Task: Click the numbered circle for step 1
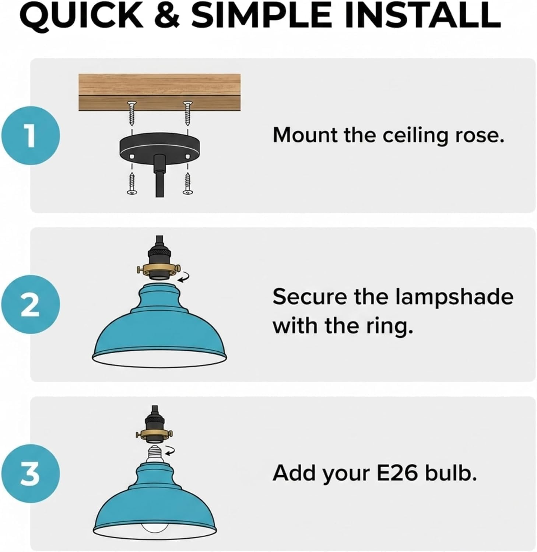pos(30,135)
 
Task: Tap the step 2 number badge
pos(30,305)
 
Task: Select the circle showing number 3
pos(30,474)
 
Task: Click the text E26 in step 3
pos(397,473)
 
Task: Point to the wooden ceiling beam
pos(159,92)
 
